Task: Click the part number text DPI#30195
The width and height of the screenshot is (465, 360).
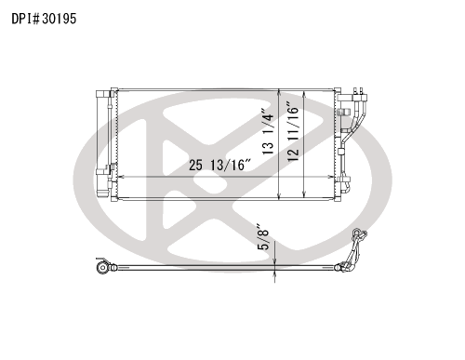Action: pyautogui.click(x=44, y=19)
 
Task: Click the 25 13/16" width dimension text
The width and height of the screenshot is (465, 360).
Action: pyautogui.click(x=219, y=165)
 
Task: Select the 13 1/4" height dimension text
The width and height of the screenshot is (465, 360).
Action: pyautogui.click(x=268, y=131)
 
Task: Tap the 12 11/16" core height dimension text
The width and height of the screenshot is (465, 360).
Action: pyautogui.click(x=293, y=131)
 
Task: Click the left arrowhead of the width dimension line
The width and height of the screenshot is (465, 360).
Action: pyautogui.click(x=121, y=177)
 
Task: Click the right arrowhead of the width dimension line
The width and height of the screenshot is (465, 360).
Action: pyautogui.click(x=330, y=177)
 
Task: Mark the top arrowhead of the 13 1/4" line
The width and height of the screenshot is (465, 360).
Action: pyautogui.click(x=279, y=91)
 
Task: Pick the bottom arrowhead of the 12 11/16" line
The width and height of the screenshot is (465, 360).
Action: pyautogui.click(x=304, y=194)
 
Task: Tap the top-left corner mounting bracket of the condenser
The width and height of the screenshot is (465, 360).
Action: pyautogui.click(x=114, y=90)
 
